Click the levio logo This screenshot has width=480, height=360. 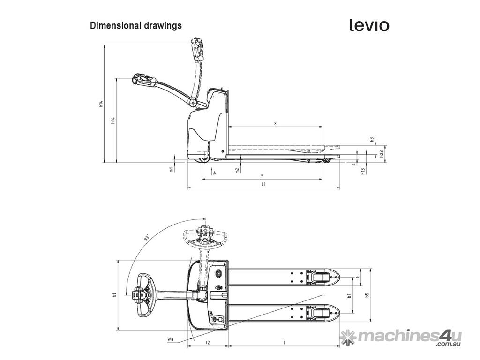[369, 25]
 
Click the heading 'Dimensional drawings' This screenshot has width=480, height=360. [135, 25]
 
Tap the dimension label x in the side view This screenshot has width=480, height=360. [275, 123]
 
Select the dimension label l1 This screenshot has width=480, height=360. [263, 184]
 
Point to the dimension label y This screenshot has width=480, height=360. [262, 176]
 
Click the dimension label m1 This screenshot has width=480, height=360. [172, 169]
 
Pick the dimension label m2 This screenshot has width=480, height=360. [238, 170]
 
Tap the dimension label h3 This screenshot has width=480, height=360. [372, 139]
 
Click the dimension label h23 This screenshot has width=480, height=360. [382, 154]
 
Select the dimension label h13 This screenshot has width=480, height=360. [363, 171]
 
